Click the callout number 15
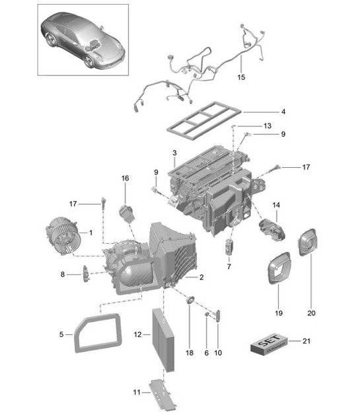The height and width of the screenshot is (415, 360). pos(241,78)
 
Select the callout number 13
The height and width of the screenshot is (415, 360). pos(266,125)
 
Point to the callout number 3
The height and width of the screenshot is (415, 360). pos(173,153)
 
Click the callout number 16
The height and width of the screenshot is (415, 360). pos(126,178)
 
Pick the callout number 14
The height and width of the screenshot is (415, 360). pos(276,206)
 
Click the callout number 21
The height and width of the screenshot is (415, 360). pos(305,341)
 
